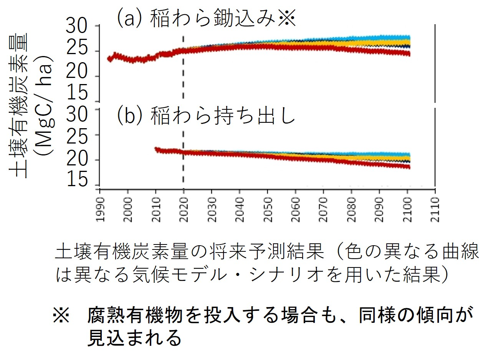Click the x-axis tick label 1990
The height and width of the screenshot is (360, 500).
[x=100, y=209]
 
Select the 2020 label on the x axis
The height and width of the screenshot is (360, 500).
[x=184, y=209]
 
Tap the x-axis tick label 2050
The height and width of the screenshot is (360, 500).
[x=268, y=209]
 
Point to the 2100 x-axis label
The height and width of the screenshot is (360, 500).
[x=407, y=209]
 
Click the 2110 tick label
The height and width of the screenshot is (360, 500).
[x=435, y=209]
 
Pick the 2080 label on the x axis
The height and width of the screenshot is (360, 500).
[x=351, y=209]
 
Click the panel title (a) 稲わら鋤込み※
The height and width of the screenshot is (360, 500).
[x=207, y=18]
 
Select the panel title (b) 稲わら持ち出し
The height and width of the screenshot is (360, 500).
[x=207, y=116]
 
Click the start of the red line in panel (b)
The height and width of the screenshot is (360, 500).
[x=156, y=149]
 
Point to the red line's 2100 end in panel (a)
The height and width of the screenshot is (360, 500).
[x=409, y=54]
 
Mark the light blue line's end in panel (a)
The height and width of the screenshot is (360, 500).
[x=409, y=37]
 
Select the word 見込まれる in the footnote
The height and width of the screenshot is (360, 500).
[x=134, y=337]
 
